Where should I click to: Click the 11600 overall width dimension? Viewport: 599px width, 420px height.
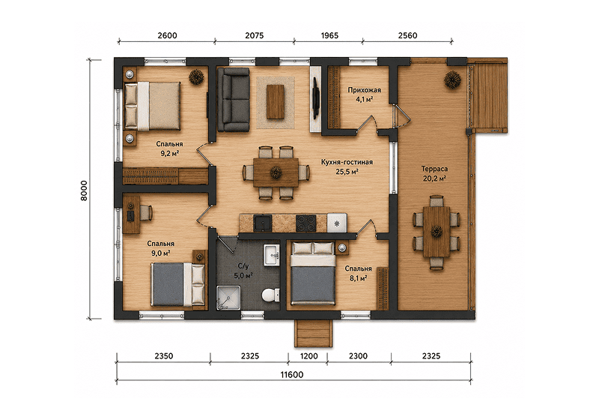click(x=292, y=374)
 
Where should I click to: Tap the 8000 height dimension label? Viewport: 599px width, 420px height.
click(x=84, y=190)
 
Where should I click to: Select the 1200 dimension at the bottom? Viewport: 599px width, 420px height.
click(x=308, y=356)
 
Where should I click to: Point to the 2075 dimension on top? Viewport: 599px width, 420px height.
click(x=254, y=35)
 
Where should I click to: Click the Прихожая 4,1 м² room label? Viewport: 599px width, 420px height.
click(x=364, y=94)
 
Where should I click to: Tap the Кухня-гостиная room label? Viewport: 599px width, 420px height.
click(x=347, y=162)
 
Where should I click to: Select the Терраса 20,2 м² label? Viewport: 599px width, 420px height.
click(x=435, y=173)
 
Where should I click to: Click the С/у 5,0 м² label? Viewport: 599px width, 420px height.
click(x=243, y=271)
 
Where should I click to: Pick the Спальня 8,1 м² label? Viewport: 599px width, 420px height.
click(x=359, y=274)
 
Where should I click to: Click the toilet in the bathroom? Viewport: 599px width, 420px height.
click(x=271, y=295)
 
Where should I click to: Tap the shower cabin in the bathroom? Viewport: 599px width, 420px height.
click(x=228, y=298)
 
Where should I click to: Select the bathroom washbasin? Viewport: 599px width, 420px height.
click(x=271, y=255)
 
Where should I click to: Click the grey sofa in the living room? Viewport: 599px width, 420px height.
click(x=233, y=100)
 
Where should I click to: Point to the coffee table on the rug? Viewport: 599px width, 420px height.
click(x=275, y=102)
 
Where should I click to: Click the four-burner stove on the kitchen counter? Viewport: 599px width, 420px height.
click(x=306, y=223)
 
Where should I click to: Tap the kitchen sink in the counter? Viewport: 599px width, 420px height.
click(x=264, y=223)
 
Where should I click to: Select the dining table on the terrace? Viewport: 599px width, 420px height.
click(x=437, y=232)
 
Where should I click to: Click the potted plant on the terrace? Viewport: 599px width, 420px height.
click(x=452, y=80)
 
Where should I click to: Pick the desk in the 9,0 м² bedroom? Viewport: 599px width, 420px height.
click(x=131, y=214)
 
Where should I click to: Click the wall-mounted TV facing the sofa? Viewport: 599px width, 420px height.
click(x=316, y=98)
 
